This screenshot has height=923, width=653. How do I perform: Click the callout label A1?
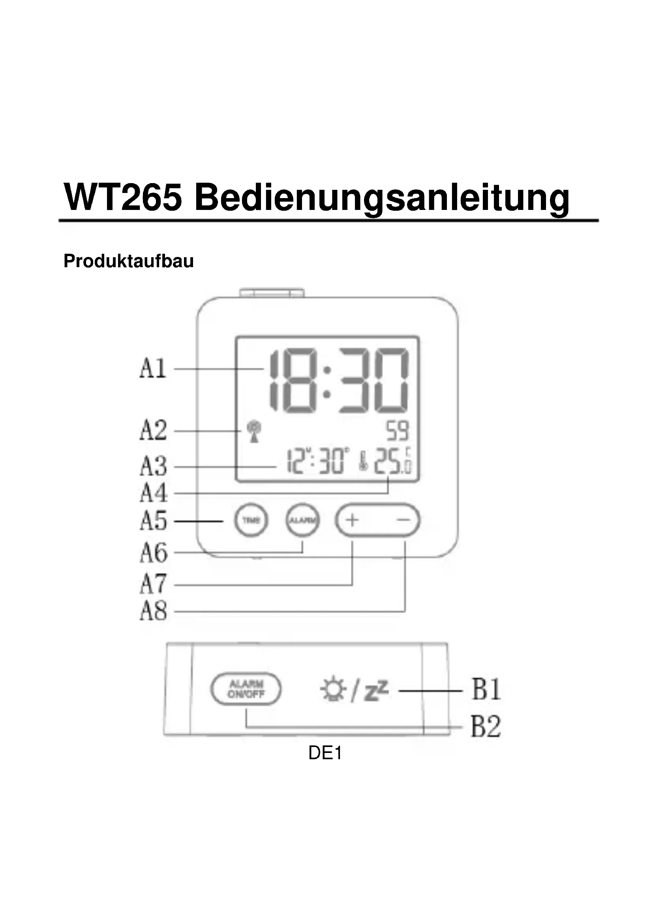153,368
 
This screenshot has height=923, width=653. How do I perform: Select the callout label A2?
153,431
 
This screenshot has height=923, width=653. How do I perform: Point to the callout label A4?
153,493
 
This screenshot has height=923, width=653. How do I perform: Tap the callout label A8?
153,611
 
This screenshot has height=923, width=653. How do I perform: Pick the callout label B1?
486,690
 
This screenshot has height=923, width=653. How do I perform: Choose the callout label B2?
486,727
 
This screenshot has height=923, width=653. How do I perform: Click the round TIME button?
251,520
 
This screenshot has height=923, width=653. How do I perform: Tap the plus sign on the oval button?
352,520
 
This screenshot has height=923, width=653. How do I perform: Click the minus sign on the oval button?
403,520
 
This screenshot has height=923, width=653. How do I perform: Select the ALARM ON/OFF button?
246,689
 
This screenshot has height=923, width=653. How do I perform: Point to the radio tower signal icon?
254,431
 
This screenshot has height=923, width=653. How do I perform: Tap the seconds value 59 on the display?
397,431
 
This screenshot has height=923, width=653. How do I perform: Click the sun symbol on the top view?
333,690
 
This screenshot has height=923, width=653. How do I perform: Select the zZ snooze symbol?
376,690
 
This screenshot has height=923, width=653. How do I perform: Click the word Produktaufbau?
129,261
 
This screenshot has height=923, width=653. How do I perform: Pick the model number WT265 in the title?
123,197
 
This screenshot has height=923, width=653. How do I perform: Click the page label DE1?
325,753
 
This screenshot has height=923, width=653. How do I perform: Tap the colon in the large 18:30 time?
327,382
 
